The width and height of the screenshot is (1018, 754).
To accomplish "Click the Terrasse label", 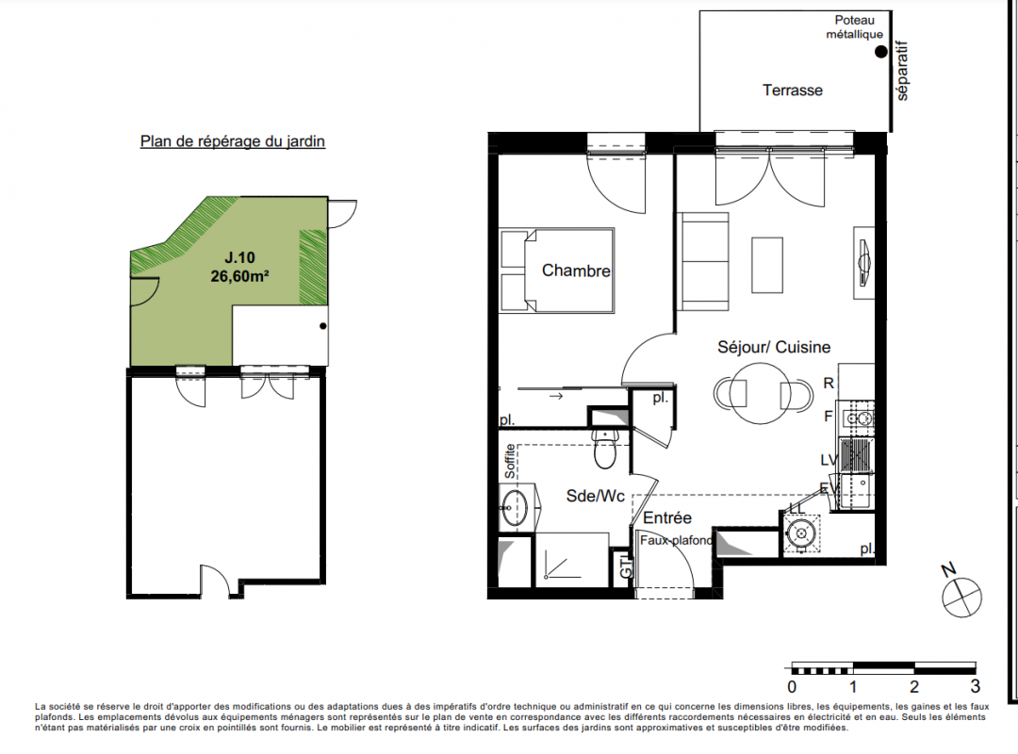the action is point(792,90).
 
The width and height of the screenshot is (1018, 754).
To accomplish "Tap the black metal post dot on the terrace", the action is point(880,52).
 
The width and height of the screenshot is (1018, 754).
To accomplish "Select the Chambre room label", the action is point(576,270).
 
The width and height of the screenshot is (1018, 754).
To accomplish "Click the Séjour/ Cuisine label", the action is point(774,347).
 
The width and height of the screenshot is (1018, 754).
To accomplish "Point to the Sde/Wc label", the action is point(596,496).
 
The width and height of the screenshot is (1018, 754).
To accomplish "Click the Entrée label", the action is point(666,517).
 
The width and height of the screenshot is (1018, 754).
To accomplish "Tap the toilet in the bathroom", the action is point(604,448).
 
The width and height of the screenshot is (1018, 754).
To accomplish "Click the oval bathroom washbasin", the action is point(516,507).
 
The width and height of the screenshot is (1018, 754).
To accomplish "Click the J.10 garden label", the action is point(239,258).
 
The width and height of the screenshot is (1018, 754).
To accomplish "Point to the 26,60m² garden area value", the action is point(239,276).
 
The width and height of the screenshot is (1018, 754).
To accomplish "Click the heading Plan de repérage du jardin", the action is point(233,141).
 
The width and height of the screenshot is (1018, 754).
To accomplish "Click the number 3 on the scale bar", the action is point(976,686).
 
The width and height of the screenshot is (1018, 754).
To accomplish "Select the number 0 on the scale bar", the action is point(792,686).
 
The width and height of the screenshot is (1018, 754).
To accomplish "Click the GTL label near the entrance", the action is point(626,565).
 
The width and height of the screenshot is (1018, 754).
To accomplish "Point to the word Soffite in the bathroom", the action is point(510,461).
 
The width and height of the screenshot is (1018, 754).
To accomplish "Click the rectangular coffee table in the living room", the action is point(767,265).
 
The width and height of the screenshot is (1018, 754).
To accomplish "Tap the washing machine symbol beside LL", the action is point(800,533).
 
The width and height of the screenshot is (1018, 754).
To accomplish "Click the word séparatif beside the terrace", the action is point(902,71).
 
